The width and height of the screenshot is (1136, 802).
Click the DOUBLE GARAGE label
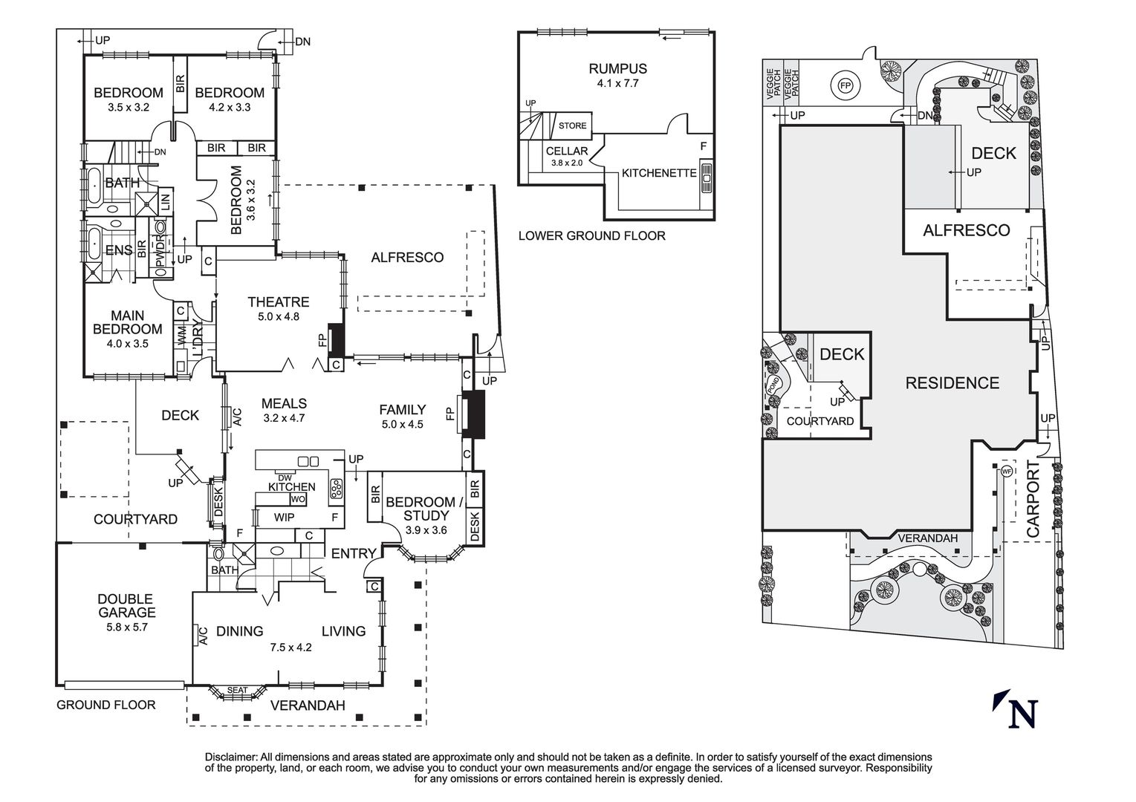click(x=126, y=605)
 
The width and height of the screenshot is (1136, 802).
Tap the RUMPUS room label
click(x=617, y=69)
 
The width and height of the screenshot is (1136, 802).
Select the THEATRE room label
click(x=279, y=301)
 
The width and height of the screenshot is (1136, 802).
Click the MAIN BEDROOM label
click(x=128, y=323)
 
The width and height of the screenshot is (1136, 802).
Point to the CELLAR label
click(x=567, y=151)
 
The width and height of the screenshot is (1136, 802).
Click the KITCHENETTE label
click(x=659, y=173)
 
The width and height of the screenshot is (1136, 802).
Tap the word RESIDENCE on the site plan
click(x=952, y=383)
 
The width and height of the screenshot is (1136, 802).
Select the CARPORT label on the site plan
click(x=1033, y=498)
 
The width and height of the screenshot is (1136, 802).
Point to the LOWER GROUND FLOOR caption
click(x=591, y=236)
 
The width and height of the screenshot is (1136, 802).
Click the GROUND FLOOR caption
click(x=106, y=705)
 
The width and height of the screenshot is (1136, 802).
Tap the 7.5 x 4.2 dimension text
click(x=291, y=647)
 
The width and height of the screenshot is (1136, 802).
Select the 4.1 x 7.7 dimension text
click(x=617, y=83)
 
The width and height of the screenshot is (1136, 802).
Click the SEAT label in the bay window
click(x=237, y=690)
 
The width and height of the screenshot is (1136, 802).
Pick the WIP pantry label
click(x=284, y=517)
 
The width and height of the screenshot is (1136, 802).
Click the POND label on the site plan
click(x=773, y=385)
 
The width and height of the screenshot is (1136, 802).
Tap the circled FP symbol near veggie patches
click(x=845, y=85)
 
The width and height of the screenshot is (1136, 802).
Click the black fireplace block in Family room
click(x=473, y=414)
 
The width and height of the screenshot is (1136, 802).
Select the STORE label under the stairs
click(x=572, y=125)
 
